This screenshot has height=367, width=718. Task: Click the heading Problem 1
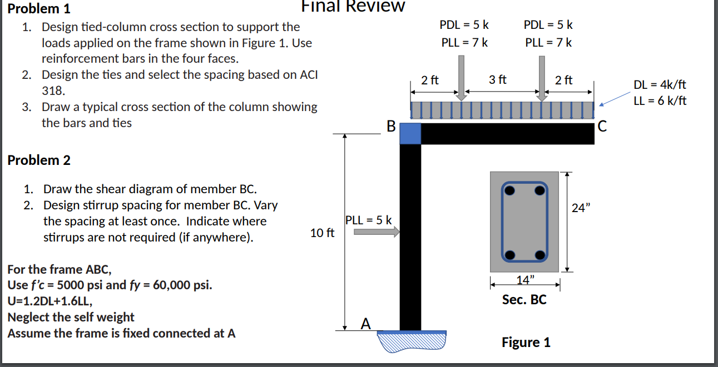[38, 8]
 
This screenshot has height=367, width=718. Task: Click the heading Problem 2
[38, 160]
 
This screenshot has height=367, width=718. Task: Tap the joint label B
[390, 127]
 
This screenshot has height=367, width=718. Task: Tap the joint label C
[602, 127]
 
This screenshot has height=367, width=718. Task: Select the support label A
[365, 323]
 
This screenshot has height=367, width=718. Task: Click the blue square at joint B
[410, 134]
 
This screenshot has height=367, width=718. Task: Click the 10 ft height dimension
[322, 233]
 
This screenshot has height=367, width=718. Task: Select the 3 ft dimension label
[498, 79]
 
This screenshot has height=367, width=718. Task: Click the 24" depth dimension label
[580, 209]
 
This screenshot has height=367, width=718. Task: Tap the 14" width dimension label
[524, 278]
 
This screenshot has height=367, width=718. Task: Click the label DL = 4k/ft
[660, 85]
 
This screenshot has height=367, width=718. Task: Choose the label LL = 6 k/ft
[660, 100]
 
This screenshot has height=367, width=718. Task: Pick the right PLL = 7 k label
[548, 42]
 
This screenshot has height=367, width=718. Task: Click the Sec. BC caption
[524, 300]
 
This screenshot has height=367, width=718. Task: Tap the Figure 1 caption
[526, 342]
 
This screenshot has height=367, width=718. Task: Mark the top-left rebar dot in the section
[510, 190]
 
